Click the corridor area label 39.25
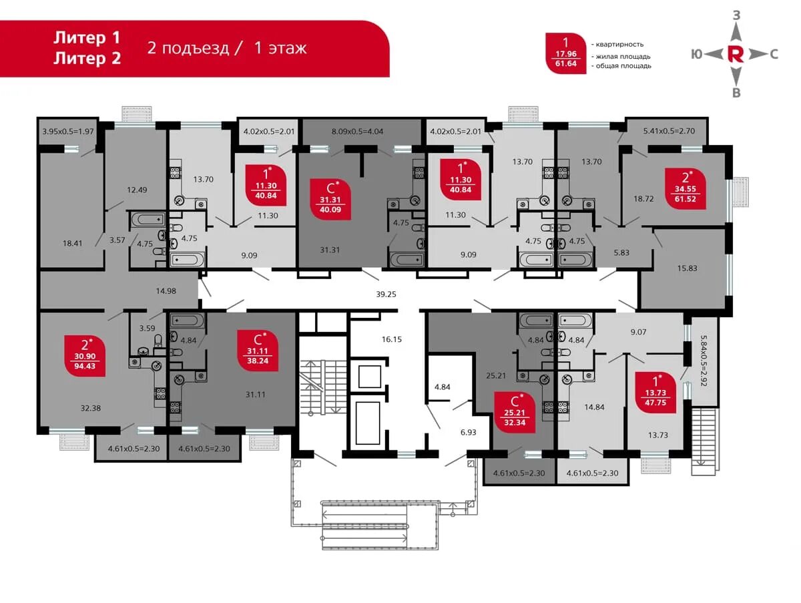386,294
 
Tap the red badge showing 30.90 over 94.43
85,355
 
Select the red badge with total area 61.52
685,189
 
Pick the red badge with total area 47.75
655,393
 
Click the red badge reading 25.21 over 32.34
515,413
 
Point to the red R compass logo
736,55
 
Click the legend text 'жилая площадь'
623,57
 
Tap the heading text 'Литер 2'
87,58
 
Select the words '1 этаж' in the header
280,48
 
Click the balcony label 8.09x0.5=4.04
357,132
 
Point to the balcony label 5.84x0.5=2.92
704,361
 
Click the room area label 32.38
91,408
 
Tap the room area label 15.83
687,268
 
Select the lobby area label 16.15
392,339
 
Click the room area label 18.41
72,243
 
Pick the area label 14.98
166,291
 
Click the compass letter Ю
697,55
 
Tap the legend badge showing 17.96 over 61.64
565,53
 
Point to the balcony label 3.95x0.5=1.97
68,132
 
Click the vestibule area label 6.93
468,433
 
